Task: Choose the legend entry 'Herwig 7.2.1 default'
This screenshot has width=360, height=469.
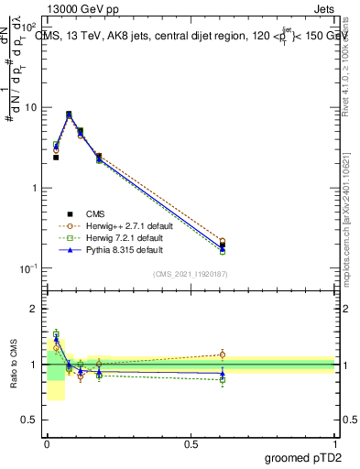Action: pyautogui.click(x=125, y=236)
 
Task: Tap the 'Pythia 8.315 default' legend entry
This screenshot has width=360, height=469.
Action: pyautogui.click(x=124, y=249)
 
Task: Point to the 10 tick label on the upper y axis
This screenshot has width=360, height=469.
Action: pyautogui.click(x=31, y=107)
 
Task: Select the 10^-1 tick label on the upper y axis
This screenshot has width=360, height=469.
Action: pyautogui.click(x=29, y=268)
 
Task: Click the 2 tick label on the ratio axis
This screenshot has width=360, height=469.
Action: pyautogui.click(x=35, y=309)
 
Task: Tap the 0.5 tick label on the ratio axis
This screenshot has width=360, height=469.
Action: pyautogui.click(x=31, y=420)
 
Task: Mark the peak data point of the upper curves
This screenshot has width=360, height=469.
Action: pyautogui.click(x=69, y=115)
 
